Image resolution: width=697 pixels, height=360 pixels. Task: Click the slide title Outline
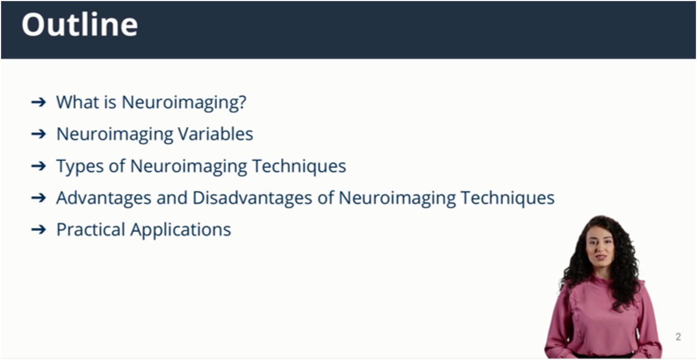pos(80,25)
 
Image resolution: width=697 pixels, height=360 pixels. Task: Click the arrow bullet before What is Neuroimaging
pos(38,102)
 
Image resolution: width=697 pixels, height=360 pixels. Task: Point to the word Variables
pos(215,134)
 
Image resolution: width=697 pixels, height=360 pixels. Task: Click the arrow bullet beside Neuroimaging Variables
pos(38,134)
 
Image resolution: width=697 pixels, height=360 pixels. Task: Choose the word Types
pos(80,166)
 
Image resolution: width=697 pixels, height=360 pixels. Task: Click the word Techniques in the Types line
pos(300,166)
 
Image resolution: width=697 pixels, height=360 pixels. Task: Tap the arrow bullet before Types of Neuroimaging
pos(38,166)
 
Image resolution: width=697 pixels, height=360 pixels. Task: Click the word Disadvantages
pos(252,198)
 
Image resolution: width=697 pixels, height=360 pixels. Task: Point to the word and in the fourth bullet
pos(172,198)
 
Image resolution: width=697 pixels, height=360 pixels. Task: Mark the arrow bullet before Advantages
pos(38,198)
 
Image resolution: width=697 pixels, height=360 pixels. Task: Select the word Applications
pos(181,230)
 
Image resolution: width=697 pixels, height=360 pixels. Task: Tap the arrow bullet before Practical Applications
pos(38,230)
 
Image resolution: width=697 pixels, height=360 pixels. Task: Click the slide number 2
pos(678,337)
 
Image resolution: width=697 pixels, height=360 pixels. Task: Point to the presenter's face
pos(600,246)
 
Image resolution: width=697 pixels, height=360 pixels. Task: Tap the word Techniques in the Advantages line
pos(508,198)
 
